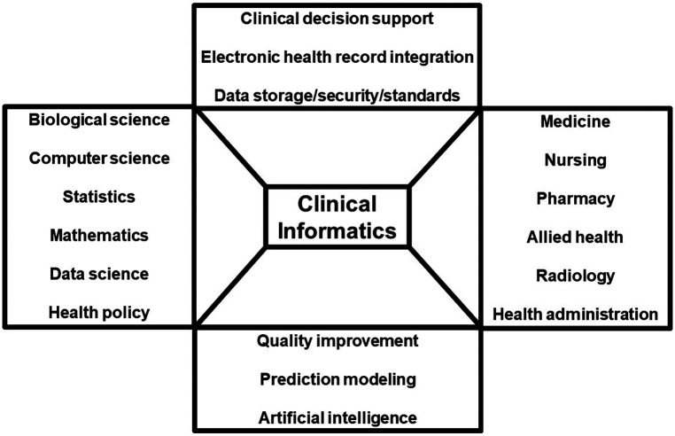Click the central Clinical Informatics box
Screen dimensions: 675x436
pyautogui.click(x=337, y=216)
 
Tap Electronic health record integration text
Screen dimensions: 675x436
pyautogui.click(x=337, y=57)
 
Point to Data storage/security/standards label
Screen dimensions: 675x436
pyautogui.click(x=337, y=95)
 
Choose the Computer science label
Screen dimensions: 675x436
pyautogui.click(x=98, y=159)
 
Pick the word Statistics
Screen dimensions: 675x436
pyautogui.click(x=98, y=198)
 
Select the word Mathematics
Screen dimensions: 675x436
pyautogui.click(x=98, y=236)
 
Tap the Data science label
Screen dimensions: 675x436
pyautogui.click(x=98, y=274)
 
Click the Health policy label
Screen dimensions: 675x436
pyautogui.click(x=98, y=312)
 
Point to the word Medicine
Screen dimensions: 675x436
pyautogui.click(x=575, y=121)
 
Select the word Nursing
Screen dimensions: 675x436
pyautogui.click(x=575, y=160)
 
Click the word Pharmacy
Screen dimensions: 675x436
pyautogui.click(x=575, y=199)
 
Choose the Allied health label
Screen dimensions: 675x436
pyautogui.click(x=575, y=237)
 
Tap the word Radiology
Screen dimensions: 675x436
pyautogui.click(x=575, y=276)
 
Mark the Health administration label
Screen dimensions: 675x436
pyautogui.click(x=575, y=314)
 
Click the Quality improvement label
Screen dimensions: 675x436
pyautogui.click(x=337, y=340)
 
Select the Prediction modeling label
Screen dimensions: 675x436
pyautogui.click(x=337, y=378)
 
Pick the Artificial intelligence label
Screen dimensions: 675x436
pyautogui.click(x=337, y=417)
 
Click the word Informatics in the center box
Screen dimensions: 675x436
pyautogui.click(x=337, y=230)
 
